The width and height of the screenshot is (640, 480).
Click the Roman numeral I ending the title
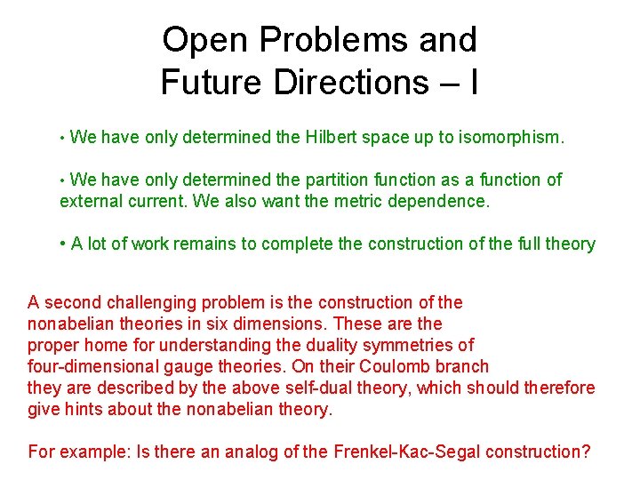(474, 82)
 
